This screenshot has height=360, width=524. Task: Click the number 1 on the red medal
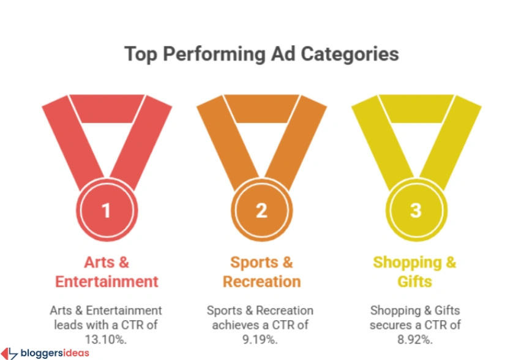click(x=107, y=211)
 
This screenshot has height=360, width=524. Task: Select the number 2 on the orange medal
click(x=261, y=211)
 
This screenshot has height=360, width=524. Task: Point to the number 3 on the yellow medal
click(x=416, y=211)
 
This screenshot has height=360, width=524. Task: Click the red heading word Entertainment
click(x=107, y=282)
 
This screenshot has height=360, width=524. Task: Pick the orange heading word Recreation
click(x=261, y=282)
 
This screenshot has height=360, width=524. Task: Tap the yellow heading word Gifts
click(x=415, y=282)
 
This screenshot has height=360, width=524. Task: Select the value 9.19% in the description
click(x=261, y=338)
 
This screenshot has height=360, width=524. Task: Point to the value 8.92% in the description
click(x=415, y=338)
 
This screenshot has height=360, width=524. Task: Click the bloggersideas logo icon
click(x=9, y=353)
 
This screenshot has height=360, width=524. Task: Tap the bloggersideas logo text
click(x=54, y=353)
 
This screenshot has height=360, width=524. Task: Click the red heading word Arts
click(x=99, y=263)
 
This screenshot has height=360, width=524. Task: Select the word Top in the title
click(x=139, y=54)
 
